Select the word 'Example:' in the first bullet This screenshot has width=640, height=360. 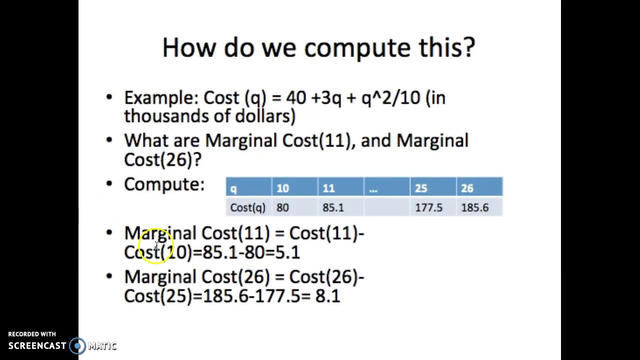(x=161, y=98)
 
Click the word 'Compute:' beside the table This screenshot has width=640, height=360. (x=164, y=184)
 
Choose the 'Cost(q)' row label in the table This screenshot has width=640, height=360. (x=247, y=207)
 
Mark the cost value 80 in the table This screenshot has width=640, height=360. (x=282, y=207)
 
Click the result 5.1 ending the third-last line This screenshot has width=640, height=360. (x=287, y=252)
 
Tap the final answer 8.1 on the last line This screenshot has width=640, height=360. (x=327, y=296)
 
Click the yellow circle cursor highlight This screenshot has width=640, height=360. (x=156, y=246)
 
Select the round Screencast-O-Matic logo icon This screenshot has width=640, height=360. (x=77, y=345)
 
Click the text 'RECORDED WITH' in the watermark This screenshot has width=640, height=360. (x=32, y=334)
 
